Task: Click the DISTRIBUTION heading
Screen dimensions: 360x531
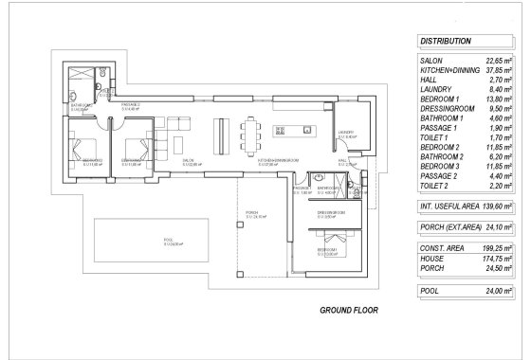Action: click(446, 42)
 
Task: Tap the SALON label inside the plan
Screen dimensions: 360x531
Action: click(189, 161)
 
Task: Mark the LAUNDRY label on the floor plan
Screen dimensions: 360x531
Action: click(347, 134)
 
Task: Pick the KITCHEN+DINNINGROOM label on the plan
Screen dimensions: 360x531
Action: click(279, 162)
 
